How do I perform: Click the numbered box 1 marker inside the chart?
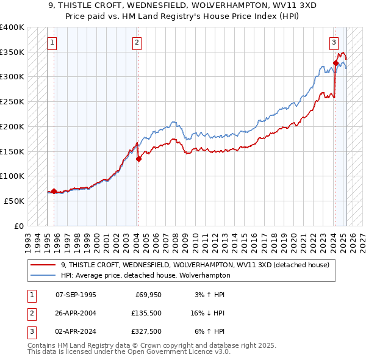52,43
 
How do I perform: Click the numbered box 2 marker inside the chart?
137,43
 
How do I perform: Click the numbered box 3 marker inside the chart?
334,43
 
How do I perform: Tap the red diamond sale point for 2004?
138,159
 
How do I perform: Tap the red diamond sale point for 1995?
54,191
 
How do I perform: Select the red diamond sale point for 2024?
336,62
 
